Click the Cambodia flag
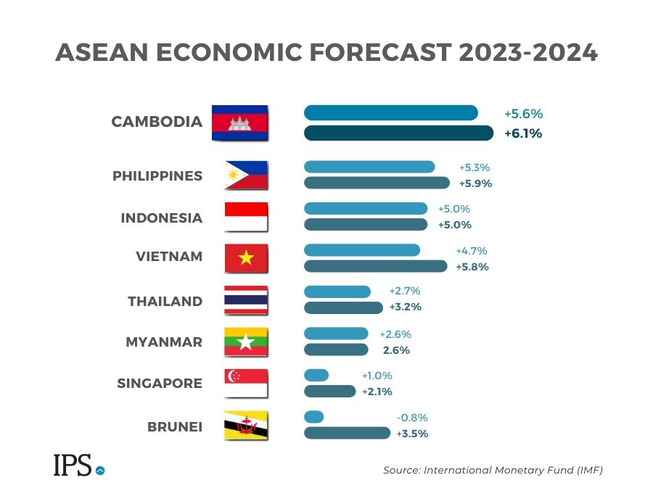pyautogui.click(x=239, y=123)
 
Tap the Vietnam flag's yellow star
pyautogui.click(x=247, y=257)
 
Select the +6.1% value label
pyautogui.click(x=523, y=133)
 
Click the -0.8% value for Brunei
pyautogui.click(x=411, y=418)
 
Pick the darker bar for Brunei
pyautogui.click(x=347, y=433)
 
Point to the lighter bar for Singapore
pyautogui.click(x=316, y=376)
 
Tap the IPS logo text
pyautogui.click(x=73, y=466)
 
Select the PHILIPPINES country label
pyautogui.click(x=157, y=176)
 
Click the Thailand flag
pyautogui.click(x=246, y=300)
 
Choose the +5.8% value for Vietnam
pyautogui.click(x=472, y=267)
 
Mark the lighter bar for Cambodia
pyautogui.click(x=390, y=113)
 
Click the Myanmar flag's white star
pyautogui.click(x=246, y=342)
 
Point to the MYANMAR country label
pyautogui.click(x=164, y=342)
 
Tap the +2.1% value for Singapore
pyautogui.click(x=377, y=392)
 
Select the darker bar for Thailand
pyautogui.click(x=343, y=307)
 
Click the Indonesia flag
pyautogui.click(x=246, y=217)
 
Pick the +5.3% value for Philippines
pyautogui.click(x=475, y=168)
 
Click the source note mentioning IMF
pyautogui.click(x=493, y=471)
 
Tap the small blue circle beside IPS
pyautogui.click(x=100, y=470)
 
